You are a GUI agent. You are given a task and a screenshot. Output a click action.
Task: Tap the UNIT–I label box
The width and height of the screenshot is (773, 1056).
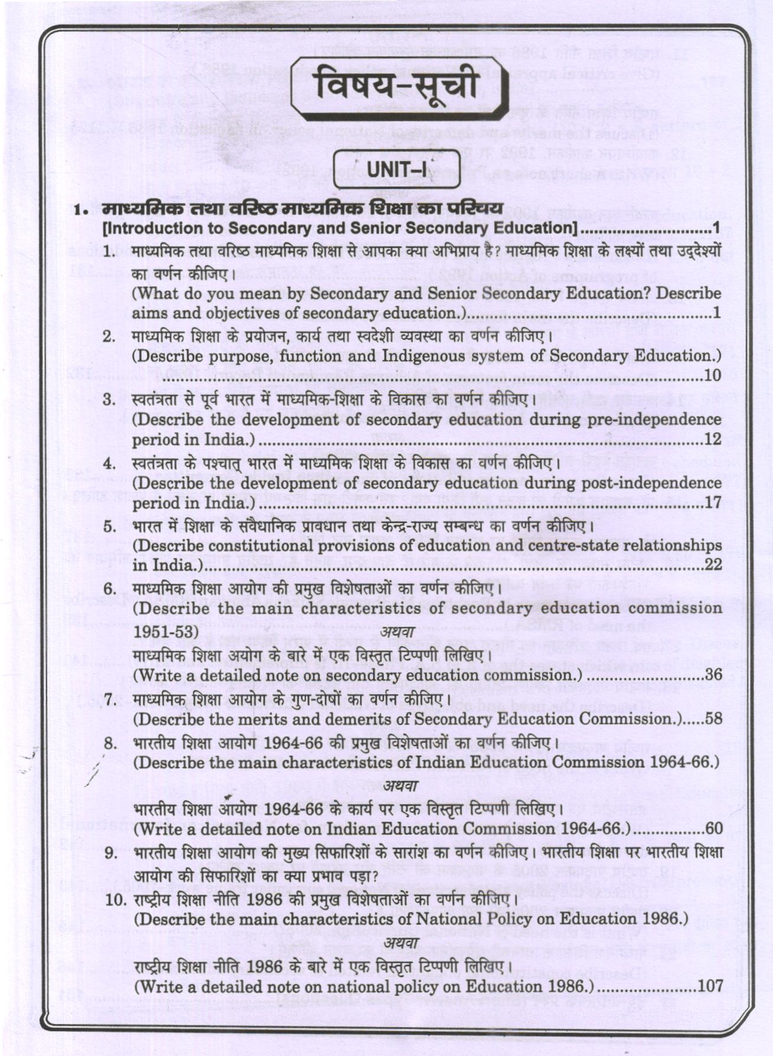[397, 169]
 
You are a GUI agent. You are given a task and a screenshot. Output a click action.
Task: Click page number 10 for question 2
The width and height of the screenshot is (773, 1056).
[713, 375]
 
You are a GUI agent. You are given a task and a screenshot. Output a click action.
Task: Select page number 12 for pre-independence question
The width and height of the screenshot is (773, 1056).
[713, 440]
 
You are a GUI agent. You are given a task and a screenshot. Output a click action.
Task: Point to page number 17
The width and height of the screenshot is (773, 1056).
[713, 502]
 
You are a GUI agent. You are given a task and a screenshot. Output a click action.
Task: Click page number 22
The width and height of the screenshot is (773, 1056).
[713, 565]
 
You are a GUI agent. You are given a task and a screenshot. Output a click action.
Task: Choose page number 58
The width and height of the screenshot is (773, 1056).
[713, 719]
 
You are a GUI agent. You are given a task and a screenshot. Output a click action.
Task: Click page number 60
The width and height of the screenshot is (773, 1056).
[713, 828]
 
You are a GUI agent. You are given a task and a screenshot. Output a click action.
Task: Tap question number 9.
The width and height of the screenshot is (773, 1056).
[110, 853]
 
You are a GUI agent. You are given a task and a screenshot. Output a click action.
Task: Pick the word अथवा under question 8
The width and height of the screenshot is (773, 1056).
[401, 785]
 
